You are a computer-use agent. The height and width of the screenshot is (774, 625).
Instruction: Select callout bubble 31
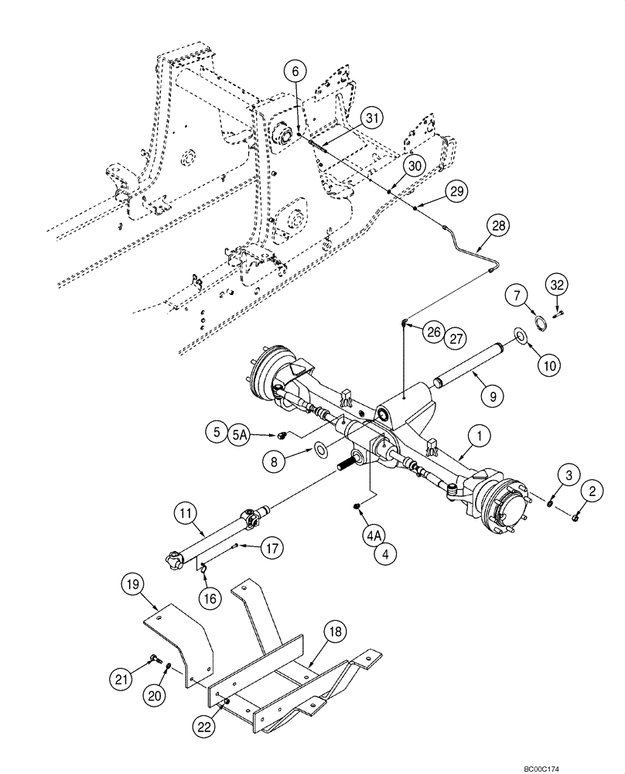(x=372, y=118)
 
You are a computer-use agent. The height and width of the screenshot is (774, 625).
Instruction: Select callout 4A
(x=374, y=534)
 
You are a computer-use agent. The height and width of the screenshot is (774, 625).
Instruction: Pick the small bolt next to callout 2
(x=576, y=516)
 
